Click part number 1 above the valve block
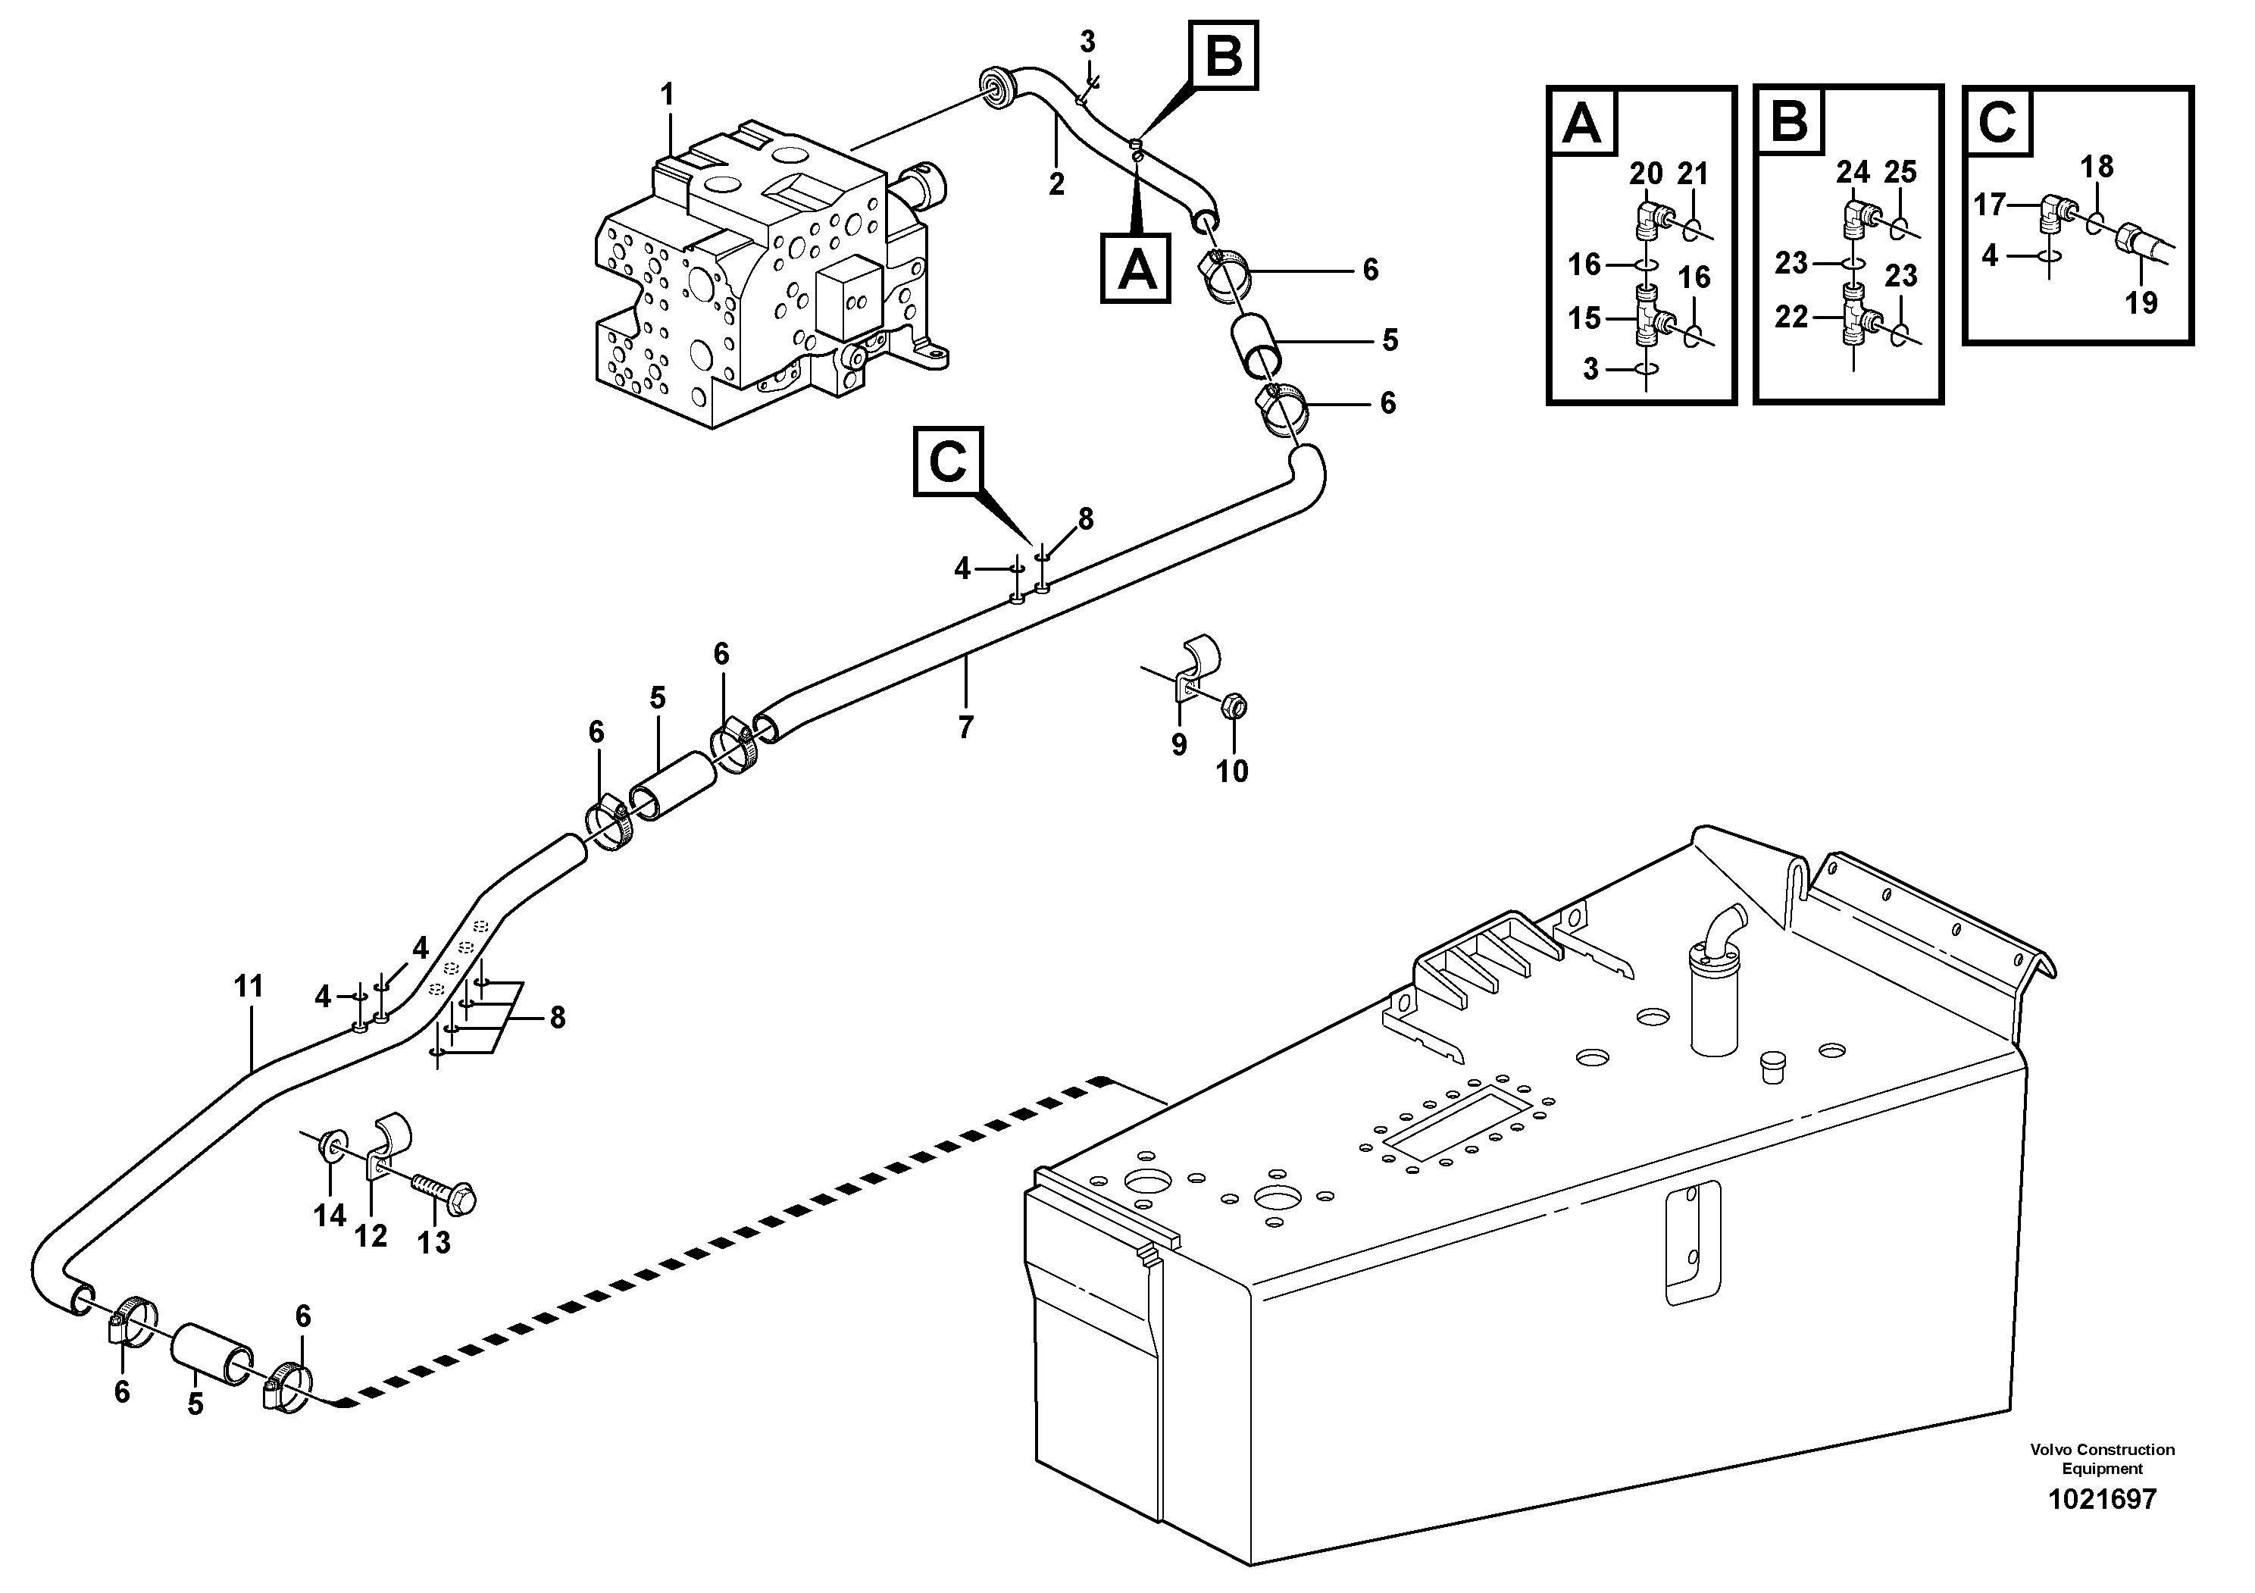tap(668, 96)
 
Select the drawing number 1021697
tap(2102, 1526)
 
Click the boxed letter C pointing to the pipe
tap(948, 461)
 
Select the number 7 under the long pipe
tap(965, 728)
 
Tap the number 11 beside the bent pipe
tap(249, 986)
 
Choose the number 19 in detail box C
tap(2141, 302)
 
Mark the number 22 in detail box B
tap(1791, 318)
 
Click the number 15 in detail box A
tap(1584, 318)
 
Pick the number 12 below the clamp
tap(371, 1235)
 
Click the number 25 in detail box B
tap(1900, 172)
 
